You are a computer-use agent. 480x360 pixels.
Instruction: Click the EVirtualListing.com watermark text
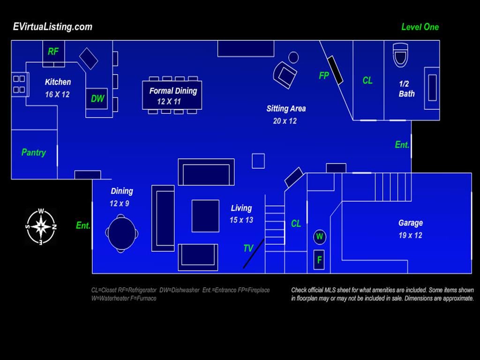pos(52,27)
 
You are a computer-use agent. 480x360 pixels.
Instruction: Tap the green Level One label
pos(420,27)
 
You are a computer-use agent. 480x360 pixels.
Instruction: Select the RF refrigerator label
pos(53,51)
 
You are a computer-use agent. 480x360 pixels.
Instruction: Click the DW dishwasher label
pos(97,98)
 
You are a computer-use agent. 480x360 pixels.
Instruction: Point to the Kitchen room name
pos(58,82)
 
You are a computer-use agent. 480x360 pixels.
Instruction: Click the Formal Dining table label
pos(173,90)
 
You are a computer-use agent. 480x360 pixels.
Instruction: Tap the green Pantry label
pos(34,152)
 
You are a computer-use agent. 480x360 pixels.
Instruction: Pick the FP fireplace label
pos(324,75)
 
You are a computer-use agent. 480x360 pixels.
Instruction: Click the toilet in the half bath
pos(400,55)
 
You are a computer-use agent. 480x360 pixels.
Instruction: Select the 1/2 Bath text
pos(406,89)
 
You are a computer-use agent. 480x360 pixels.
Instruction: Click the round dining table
pos(121,233)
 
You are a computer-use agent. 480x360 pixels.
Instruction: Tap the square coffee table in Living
pos(205,216)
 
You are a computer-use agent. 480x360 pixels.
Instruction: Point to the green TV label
pos(248,248)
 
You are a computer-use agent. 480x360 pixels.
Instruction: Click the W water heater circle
pos(320,237)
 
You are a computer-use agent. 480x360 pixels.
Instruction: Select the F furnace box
pos(319,260)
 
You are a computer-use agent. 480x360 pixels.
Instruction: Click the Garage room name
pos(411,223)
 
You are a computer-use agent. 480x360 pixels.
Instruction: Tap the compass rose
pos(41,226)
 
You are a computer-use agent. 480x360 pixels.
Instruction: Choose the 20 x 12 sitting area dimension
pos(285,121)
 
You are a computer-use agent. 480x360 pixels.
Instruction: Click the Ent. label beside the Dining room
pos(83,225)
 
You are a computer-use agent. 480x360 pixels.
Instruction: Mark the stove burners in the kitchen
pos(19,84)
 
